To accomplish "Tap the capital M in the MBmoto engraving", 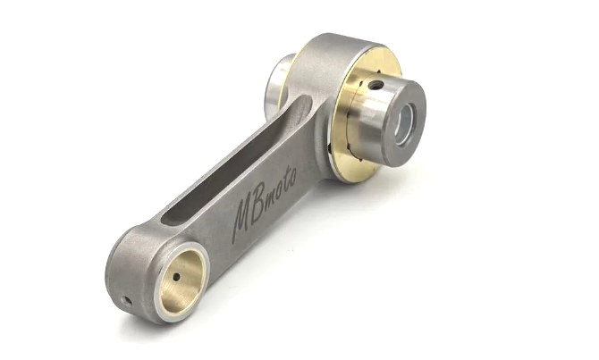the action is (x=243, y=220).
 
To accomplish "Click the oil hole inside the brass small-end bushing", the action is (x=176, y=277).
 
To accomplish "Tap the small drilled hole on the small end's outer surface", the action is (x=126, y=302).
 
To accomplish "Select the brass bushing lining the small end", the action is (x=181, y=280).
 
